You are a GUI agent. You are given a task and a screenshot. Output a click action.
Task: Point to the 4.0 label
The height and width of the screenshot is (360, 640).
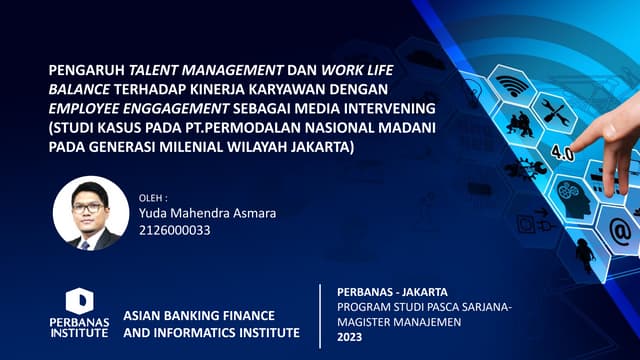pyautogui.click(x=562, y=155)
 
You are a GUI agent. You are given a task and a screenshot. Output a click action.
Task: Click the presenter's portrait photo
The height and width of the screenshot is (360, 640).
pyautogui.click(x=91, y=213)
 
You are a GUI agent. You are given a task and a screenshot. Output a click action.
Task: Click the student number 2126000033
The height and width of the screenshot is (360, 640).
pyautogui.click(x=175, y=231)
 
